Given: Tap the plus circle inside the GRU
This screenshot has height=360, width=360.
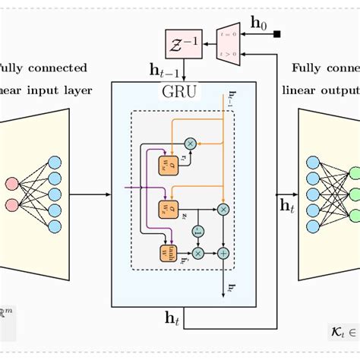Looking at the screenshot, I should tap(223, 252).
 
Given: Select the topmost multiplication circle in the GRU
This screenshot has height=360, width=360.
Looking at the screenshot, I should tap(190, 144).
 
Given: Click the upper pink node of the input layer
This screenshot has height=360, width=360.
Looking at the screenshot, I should tap(11, 183).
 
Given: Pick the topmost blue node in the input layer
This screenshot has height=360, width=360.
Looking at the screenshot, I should tap(54, 160).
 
